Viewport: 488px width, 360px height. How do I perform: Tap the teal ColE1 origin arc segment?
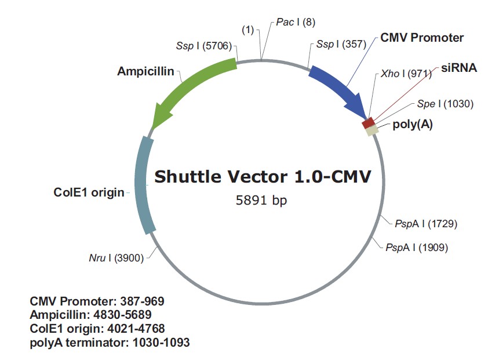[143, 186]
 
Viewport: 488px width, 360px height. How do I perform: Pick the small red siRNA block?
[367, 123]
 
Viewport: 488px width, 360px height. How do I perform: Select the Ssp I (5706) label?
[204, 45]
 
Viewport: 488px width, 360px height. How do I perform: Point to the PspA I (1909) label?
[416, 248]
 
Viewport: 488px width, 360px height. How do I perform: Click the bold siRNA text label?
[458, 68]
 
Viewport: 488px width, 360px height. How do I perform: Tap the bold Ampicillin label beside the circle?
[145, 71]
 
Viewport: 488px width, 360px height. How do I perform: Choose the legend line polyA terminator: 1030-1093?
[110, 343]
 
